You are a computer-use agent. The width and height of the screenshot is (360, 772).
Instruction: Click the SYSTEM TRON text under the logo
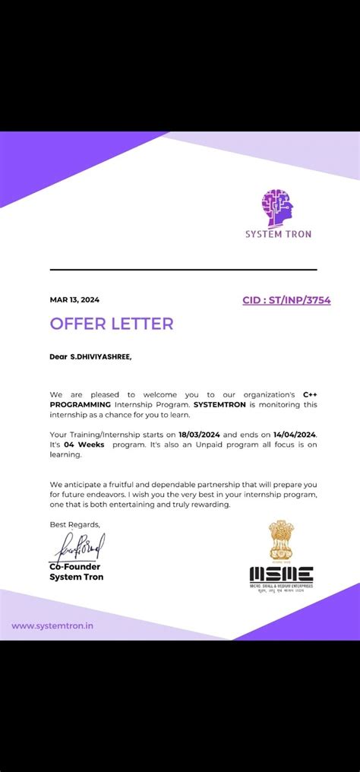pyautogui.click(x=278, y=234)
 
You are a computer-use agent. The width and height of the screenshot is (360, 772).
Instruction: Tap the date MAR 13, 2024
pyautogui.click(x=74, y=299)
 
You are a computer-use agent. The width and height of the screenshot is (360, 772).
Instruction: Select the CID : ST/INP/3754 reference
pyautogui.click(x=286, y=300)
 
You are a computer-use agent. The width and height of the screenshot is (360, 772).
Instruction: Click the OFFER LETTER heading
pyautogui.click(x=112, y=324)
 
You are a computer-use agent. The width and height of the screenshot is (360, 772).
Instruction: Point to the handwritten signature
pyautogui.click(x=77, y=546)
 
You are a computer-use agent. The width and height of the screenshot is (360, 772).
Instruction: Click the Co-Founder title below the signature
pyautogui.click(x=74, y=567)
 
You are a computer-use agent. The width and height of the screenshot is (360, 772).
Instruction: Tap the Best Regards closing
pyautogui.click(x=74, y=524)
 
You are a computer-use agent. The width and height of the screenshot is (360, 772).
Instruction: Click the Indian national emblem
pyautogui.click(x=280, y=540)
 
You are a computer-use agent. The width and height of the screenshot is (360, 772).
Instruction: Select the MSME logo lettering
pyautogui.click(x=281, y=574)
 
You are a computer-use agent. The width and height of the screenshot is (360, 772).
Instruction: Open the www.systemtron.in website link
pyautogui.click(x=52, y=626)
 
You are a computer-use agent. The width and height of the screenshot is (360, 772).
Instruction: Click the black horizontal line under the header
pyautogui.click(x=183, y=270)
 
